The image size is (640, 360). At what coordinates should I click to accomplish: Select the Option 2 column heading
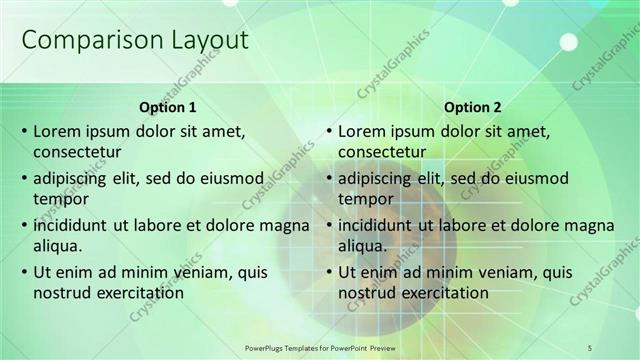(x=472, y=107)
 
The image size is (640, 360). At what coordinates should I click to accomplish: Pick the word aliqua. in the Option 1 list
(x=58, y=246)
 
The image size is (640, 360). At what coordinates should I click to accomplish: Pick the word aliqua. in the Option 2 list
(x=363, y=246)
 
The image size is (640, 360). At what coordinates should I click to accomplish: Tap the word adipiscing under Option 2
(x=376, y=179)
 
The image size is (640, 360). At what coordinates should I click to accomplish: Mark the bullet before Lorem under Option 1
(x=22, y=132)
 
